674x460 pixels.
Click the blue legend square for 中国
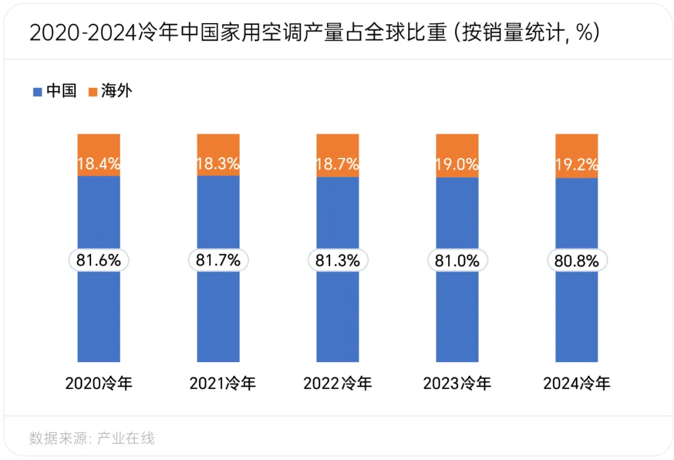pos(37,92)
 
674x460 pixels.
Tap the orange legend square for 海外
pos(92,92)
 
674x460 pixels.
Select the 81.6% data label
pos(99,261)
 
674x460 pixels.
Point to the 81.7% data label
pos(218,261)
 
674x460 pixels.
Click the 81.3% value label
pos(338,261)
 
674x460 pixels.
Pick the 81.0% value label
pos(457,261)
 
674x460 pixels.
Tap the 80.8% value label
pos(577,261)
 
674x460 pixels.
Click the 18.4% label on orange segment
pos(99,165)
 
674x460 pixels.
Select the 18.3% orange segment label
pos(218,165)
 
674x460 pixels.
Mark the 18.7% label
pos(338,165)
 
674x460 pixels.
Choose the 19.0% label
pos(457,165)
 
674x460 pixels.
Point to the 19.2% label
pos(577,165)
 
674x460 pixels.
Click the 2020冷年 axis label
pos(99,383)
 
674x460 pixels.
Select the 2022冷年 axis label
pos(338,383)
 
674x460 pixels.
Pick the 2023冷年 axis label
pos(457,383)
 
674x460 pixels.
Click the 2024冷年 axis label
pos(577,383)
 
